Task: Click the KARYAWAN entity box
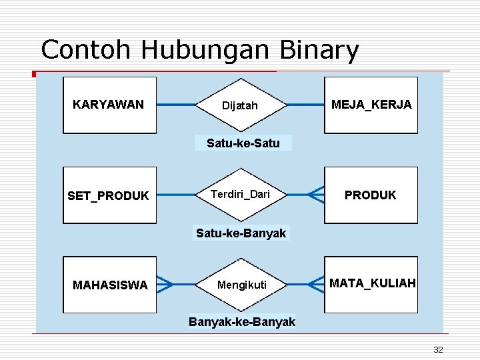109,105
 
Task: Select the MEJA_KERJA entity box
371,105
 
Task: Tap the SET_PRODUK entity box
109,195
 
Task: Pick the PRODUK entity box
371,195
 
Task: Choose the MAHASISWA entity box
109,285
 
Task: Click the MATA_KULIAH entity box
371,285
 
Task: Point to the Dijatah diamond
240,105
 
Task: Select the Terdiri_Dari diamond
240,195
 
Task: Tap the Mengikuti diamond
241,285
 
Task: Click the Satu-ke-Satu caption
243,143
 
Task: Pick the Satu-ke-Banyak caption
241,233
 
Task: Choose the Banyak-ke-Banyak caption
242,323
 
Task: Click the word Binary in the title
319,50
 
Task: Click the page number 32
438,349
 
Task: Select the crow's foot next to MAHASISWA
165,285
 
